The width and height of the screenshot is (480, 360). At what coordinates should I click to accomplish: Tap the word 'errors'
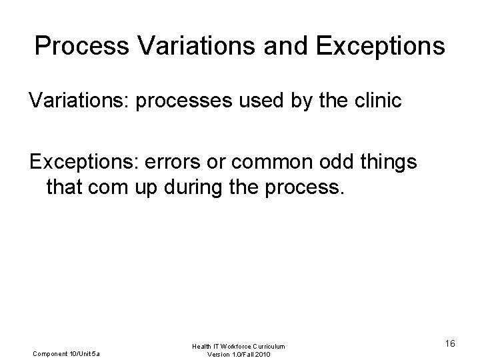(193, 162)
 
